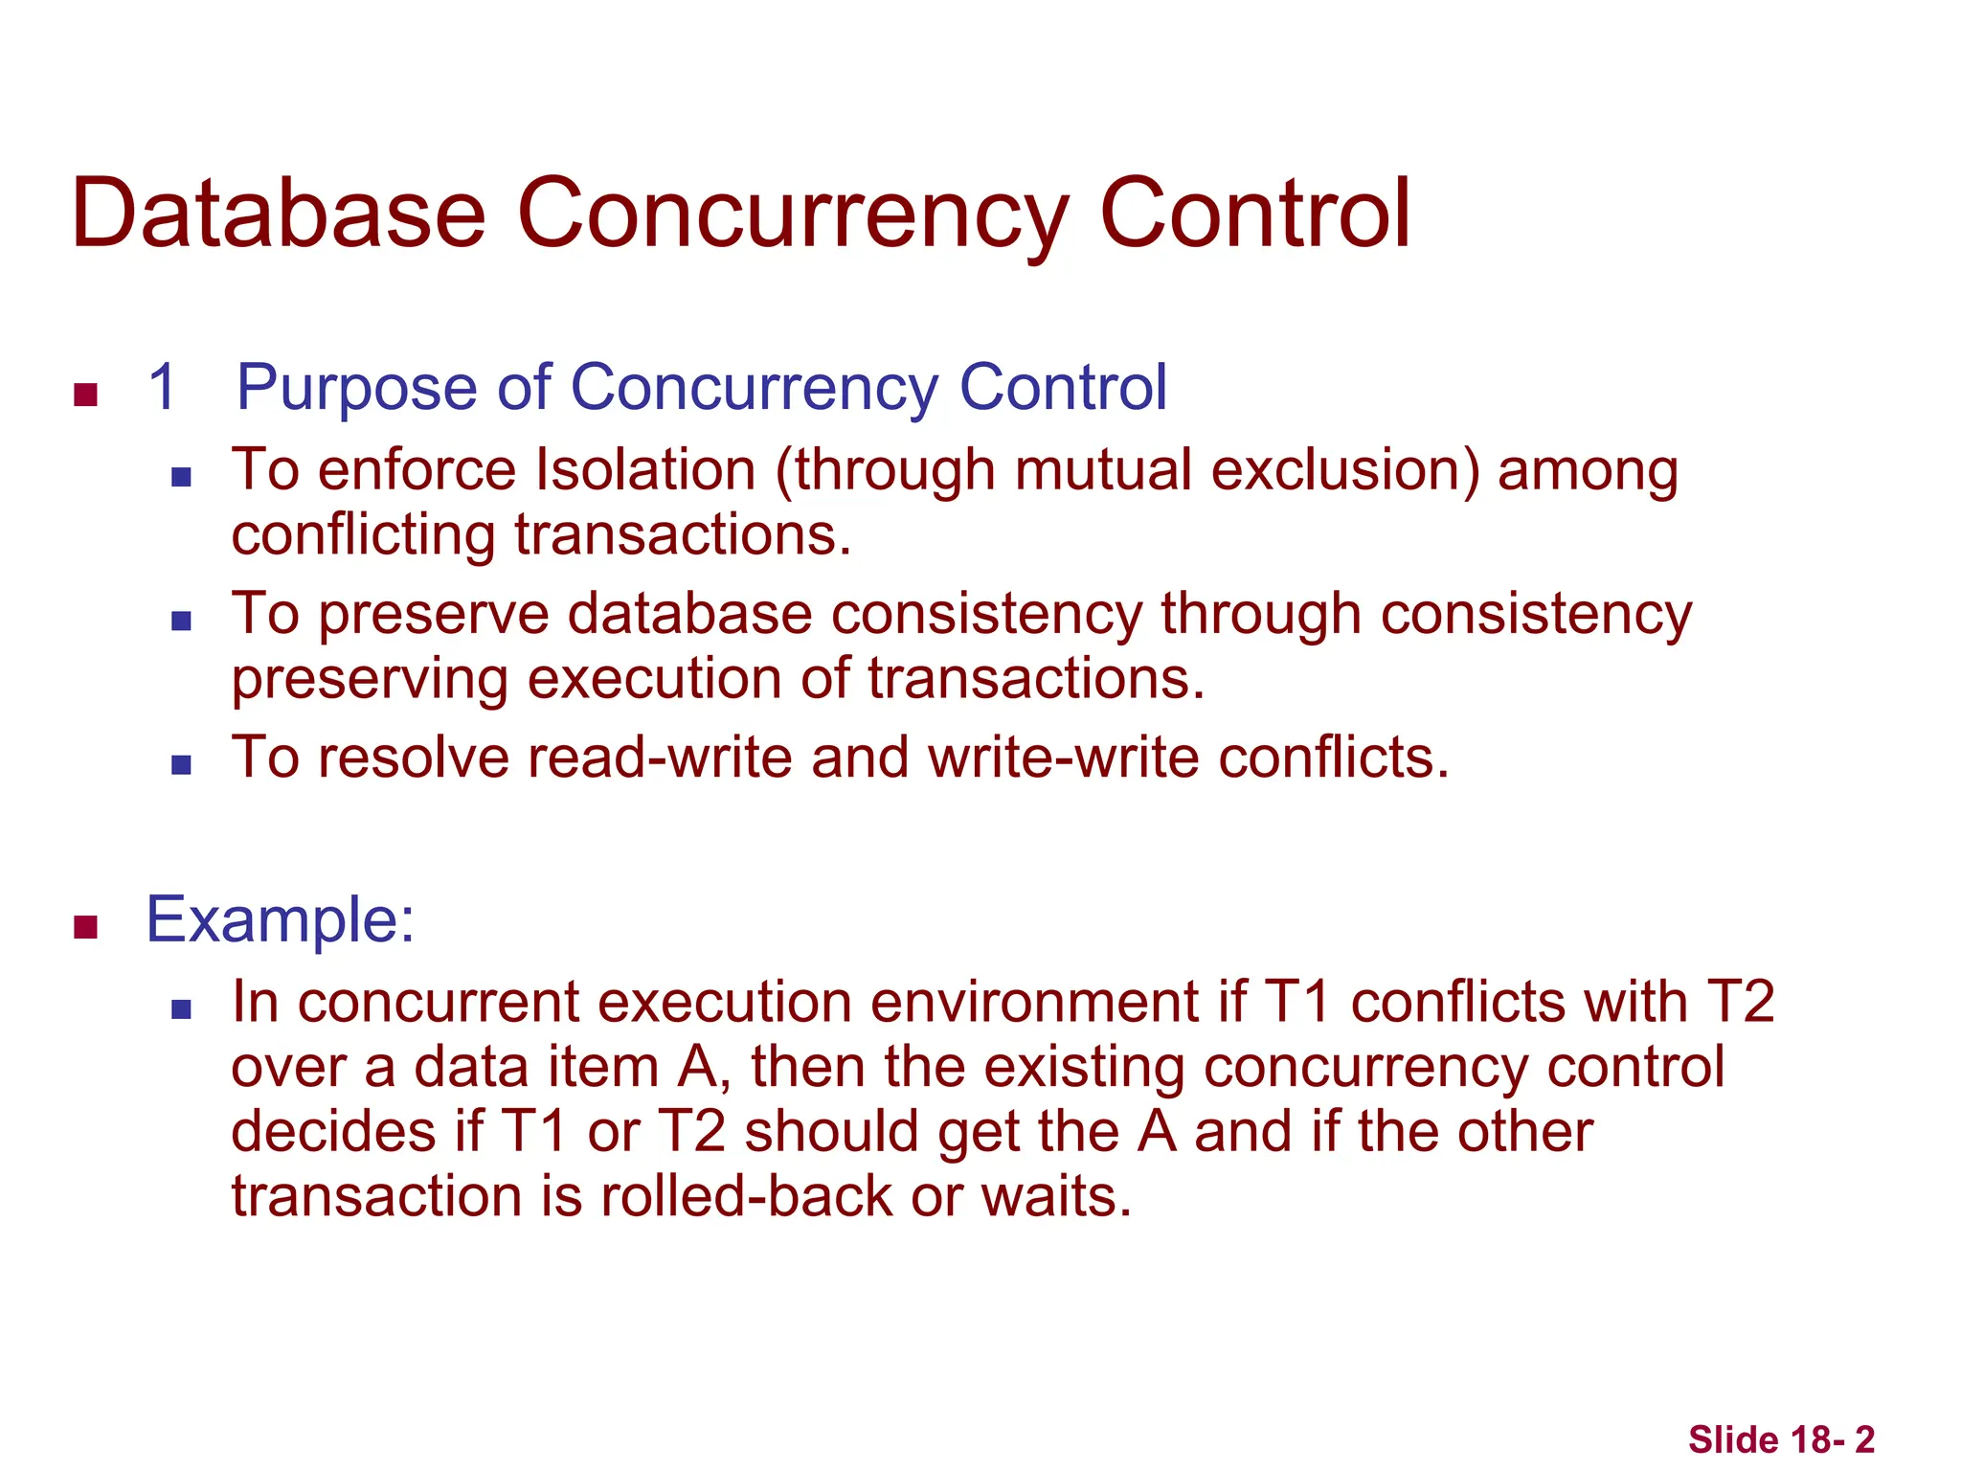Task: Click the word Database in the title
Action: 278,213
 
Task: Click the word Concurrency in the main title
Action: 792,215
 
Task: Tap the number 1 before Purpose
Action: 162,388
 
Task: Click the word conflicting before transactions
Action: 363,534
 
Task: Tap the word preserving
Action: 369,680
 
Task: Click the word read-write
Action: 660,757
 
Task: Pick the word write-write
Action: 1063,757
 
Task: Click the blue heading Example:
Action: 280,919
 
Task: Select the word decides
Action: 334,1131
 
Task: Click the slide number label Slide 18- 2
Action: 1780,1439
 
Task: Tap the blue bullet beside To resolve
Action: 181,764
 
